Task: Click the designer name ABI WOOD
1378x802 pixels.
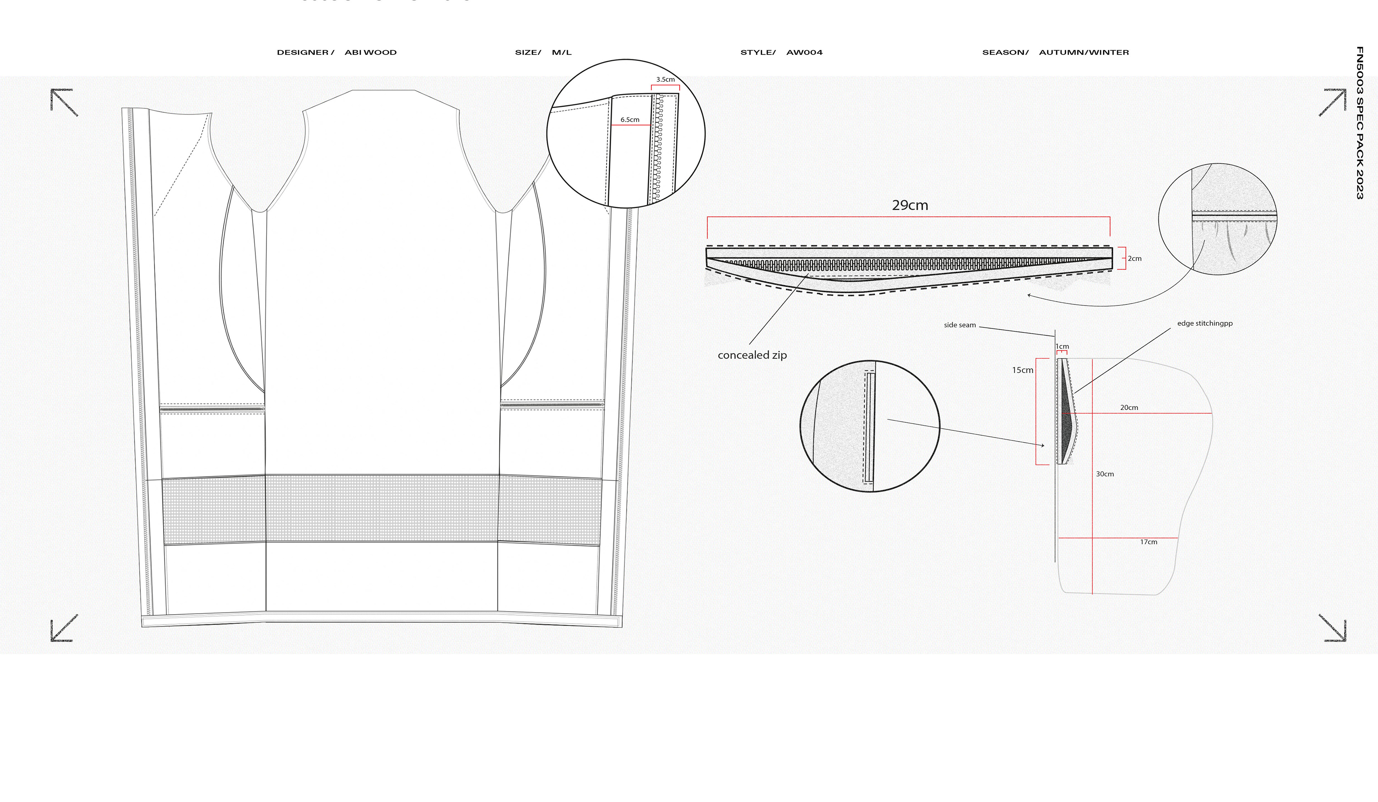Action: click(x=370, y=52)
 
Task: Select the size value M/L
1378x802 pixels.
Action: click(x=562, y=52)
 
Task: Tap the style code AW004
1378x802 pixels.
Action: click(x=805, y=52)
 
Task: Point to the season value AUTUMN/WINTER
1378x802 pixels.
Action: click(x=1084, y=52)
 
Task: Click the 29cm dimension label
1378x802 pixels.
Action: click(x=910, y=205)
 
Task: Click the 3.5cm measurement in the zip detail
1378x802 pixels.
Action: click(x=665, y=79)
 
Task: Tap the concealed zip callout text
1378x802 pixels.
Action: click(x=752, y=355)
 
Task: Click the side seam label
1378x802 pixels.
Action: click(x=960, y=325)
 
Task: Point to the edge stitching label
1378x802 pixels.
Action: click(x=1205, y=323)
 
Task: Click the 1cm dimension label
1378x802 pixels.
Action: click(x=1062, y=346)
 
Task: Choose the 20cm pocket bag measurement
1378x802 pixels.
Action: click(x=1129, y=407)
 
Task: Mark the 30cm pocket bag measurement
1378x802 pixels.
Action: click(x=1105, y=474)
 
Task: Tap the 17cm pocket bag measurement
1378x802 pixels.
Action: click(x=1148, y=542)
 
